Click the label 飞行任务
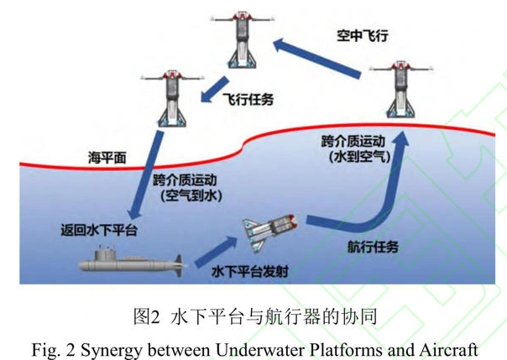coord(248,99)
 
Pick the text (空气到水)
coord(186,196)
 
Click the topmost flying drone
coord(242,40)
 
